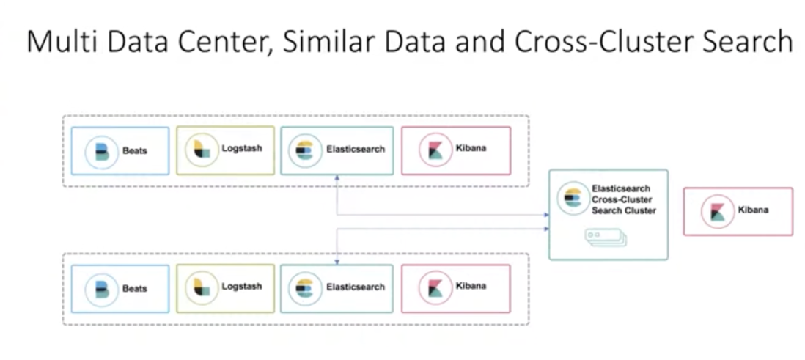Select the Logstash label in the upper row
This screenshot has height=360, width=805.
pyautogui.click(x=241, y=148)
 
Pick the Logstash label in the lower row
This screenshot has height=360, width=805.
pyautogui.click(x=241, y=286)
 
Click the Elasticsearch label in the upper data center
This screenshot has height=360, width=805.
pyautogui.click(x=355, y=150)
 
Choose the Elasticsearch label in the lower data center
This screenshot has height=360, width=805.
pyautogui.click(x=355, y=287)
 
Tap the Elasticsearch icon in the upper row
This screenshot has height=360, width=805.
pyautogui.click(x=303, y=150)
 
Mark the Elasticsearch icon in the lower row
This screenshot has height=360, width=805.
pyautogui.click(x=303, y=287)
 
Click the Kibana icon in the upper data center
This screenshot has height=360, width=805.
pyautogui.click(x=433, y=150)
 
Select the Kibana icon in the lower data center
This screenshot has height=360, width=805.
pyautogui.click(x=433, y=287)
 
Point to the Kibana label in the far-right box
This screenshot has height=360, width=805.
pyautogui.click(x=753, y=210)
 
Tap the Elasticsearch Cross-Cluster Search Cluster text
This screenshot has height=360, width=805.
pyautogui.click(x=623, y=199)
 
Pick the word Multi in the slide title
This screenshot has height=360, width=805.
pyautogui.click(x=58, y=42)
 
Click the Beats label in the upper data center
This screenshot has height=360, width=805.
pyautogui.click(x=135, y=151)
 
